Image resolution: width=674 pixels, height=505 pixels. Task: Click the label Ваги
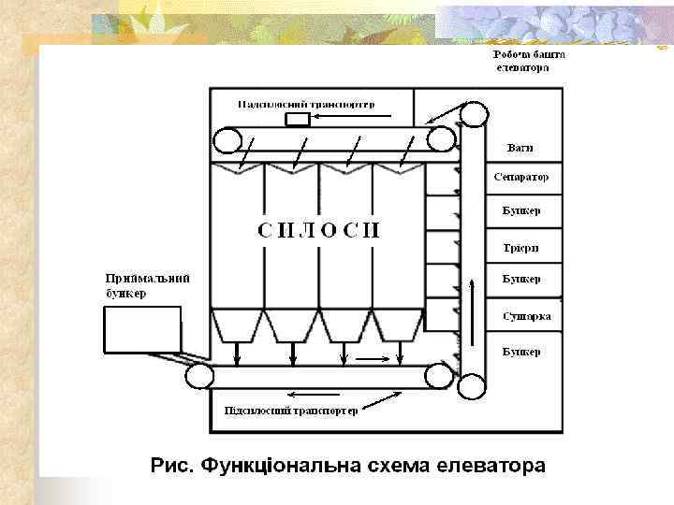(x=520, y=148)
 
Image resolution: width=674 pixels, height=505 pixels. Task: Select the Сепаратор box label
(x=520, y=177)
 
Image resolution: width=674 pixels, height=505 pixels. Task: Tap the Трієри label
(x=520, y=247)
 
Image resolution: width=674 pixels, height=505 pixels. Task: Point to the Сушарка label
(x=526, y=316)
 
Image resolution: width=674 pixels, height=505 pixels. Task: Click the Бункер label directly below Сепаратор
(x=520, y=211)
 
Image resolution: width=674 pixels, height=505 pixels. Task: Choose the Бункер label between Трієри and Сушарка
(x=520, y=279)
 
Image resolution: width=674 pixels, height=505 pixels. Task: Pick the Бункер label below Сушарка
(x=520, y=352)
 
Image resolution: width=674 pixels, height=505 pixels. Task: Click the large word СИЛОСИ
(x=319, y=231)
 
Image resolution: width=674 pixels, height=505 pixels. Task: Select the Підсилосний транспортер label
(x=291, y=411)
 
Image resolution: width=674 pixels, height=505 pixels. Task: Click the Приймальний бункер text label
(x=148, y=285)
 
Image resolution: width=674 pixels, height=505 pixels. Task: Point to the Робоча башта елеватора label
(x=529, y=61)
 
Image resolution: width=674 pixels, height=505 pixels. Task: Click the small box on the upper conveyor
(x=298, y=120)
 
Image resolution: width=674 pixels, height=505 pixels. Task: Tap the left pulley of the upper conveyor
(x=227, y=141)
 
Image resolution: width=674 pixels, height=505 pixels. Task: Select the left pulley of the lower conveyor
(x=199, y=377)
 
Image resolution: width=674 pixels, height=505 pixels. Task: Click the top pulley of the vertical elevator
(x=475, y=114)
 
